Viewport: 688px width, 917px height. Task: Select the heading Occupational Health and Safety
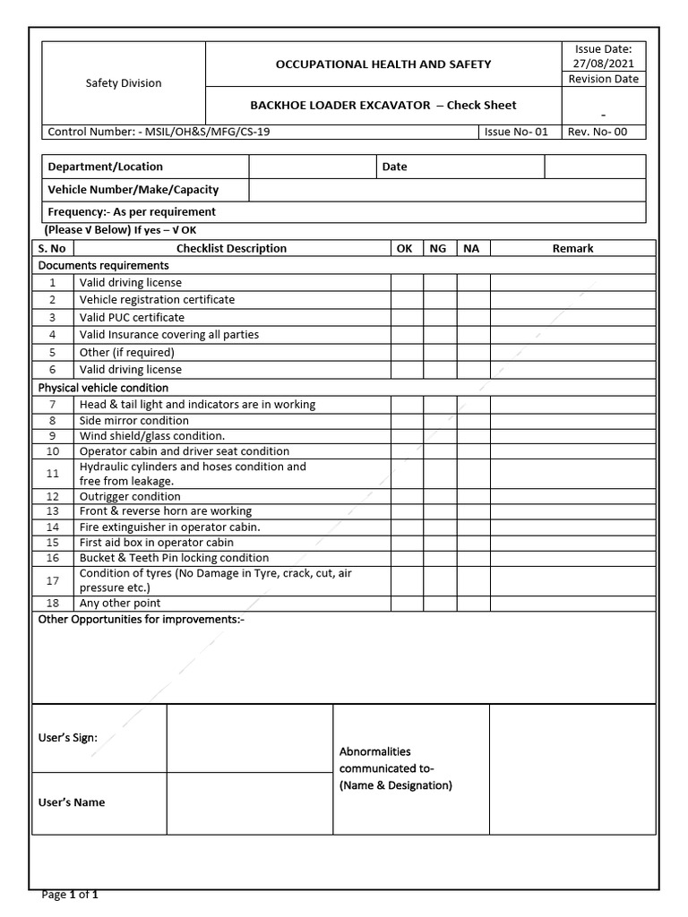[383, 64]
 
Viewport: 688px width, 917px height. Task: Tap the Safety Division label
[124, 83]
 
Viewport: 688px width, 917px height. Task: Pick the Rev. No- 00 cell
[602, 133]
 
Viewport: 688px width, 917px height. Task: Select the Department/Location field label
[106, 167]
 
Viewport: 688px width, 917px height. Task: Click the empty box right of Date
[594, 167]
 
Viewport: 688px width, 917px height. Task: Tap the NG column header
[438, 248]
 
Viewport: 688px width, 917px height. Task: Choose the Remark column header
[572, 248]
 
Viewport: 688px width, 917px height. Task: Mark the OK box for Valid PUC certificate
[406, 317]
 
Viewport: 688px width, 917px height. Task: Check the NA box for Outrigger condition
[472, 496]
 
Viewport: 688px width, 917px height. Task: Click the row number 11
[53, 473]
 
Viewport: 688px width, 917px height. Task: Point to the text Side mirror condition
[134, 420]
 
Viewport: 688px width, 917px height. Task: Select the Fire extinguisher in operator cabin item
[169, 527]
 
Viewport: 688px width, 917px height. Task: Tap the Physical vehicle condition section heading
[102, 388]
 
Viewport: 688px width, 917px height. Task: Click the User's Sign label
[68, 739]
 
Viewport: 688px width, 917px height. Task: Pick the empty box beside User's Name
[249, 803]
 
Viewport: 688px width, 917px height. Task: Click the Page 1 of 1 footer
[71, 894]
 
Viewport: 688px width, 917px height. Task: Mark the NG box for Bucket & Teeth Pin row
[439, 558]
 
